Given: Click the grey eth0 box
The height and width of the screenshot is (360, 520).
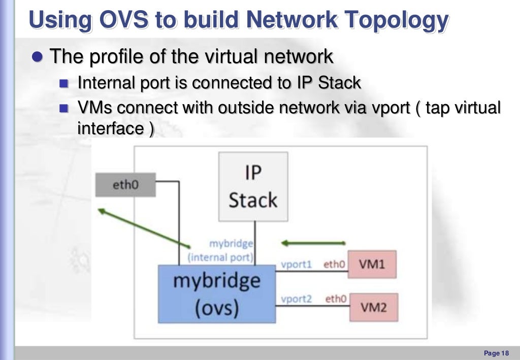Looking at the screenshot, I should pos(125,185).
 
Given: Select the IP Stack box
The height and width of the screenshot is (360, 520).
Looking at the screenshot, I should pos(253,186).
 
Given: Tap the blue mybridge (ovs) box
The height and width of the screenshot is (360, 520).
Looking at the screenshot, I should pos(217,294).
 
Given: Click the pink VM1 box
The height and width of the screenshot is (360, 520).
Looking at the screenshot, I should pos(372,265).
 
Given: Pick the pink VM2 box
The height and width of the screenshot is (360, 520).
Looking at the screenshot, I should pos(373,307).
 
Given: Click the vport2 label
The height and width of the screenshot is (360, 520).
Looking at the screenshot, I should pos(296,299).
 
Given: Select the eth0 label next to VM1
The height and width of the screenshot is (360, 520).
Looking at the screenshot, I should pos(335,264).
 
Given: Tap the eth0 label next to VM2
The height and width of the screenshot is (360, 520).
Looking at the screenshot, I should pos(336,299).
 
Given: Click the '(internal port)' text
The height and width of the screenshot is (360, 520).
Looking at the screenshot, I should pos(220,257).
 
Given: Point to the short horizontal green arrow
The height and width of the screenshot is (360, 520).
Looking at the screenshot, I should pos(313,243).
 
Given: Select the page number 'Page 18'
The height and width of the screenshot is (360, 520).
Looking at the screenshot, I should pos(496,353).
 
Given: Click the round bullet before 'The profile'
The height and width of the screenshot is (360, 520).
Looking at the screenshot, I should pos(37,56).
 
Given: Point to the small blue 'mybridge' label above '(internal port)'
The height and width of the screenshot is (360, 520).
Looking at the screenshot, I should pos(231,244).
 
